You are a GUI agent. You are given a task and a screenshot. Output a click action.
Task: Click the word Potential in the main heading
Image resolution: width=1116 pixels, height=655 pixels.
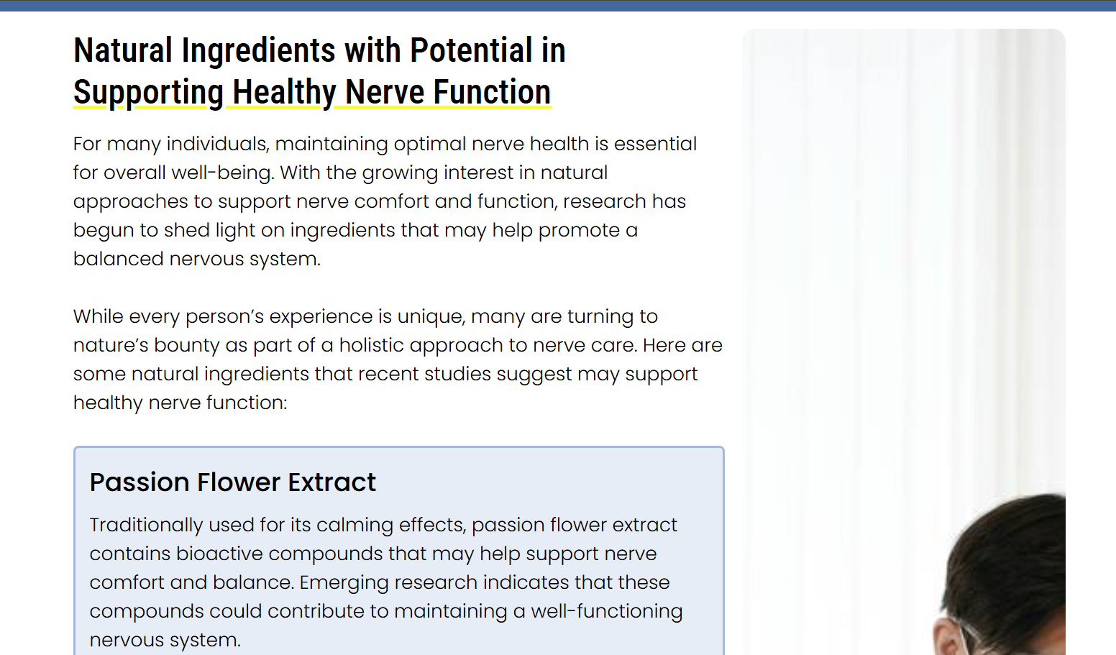(471, 50)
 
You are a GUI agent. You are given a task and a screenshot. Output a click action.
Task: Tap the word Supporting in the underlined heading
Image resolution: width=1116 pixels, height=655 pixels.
(148, 93)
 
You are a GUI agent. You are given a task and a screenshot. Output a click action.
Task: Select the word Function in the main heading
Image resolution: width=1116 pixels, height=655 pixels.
(492, 92)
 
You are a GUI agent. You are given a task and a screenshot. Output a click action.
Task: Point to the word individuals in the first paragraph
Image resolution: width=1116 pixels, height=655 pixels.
(218, 144)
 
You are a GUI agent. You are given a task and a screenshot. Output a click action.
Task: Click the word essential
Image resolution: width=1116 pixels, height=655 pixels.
(655, 144)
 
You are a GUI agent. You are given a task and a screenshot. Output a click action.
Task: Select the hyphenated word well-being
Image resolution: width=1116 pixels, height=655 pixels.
(223, 173)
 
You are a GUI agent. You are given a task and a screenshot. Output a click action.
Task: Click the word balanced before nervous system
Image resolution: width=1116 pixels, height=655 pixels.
(119, 259)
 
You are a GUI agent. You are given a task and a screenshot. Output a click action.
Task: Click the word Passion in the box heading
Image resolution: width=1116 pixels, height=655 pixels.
(140, 482)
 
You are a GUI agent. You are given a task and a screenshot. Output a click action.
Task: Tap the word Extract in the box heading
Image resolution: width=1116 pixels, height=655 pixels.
(331, 482)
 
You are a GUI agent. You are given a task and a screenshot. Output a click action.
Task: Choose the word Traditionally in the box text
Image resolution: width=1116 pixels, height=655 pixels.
(146, 526)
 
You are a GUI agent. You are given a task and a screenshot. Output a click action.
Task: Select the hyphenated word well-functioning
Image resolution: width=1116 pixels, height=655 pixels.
(606, 612)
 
